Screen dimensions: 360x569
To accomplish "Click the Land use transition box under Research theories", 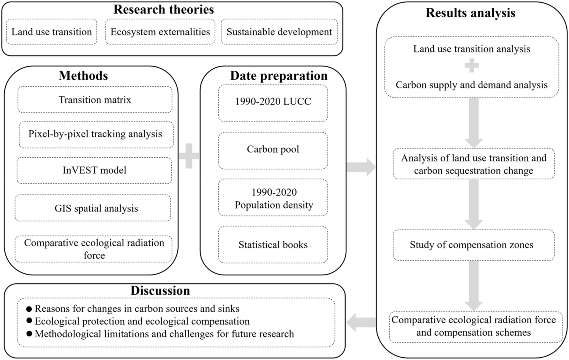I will pyautogui.click(x=52, y=32).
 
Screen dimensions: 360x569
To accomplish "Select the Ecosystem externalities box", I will pyautogui.click(x=160, y=32).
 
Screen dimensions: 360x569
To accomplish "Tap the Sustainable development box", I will pyautogui.click(x=279, y=32).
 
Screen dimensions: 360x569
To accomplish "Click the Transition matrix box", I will pyautogui.click(x=95, y=100).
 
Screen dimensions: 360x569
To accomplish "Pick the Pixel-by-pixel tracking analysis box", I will pyautogui.click(x=95, y=134).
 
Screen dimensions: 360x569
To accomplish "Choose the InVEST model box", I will pyautogui.click(x=94, y=170).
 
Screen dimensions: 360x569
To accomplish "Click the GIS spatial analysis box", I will pyautogui.click(x=96, y=208).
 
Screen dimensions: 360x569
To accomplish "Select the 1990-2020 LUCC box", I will pyautogui.click(x=273, y=102).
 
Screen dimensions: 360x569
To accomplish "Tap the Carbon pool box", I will pyautogui.click(x=273, y=150).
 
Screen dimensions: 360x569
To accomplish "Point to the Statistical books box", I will pyautogui.click(x=273, y=245).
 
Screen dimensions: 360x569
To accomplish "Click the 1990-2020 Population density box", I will pyautogui.click(x=273, y=198).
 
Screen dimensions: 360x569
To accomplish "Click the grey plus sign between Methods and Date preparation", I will pyautogui.click(x=189, y=156).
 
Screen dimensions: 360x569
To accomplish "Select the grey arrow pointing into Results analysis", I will pyautogui.click(x=360, y=167).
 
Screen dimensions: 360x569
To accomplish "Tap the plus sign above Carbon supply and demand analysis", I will pyautogui.click(x=471, y=66).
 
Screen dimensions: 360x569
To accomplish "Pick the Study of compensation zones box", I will pyautogui.click(x=471, y=245).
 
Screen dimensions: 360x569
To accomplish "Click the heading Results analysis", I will pyautogui.click(x=470, y=13).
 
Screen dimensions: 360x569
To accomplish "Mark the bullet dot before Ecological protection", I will pyautogui.click(x=29, y=321).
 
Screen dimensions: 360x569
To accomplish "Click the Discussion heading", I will pyautogui.click(x=160, y=291).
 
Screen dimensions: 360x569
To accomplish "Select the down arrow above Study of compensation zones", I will pyautogui.click(x=473, y=204).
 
